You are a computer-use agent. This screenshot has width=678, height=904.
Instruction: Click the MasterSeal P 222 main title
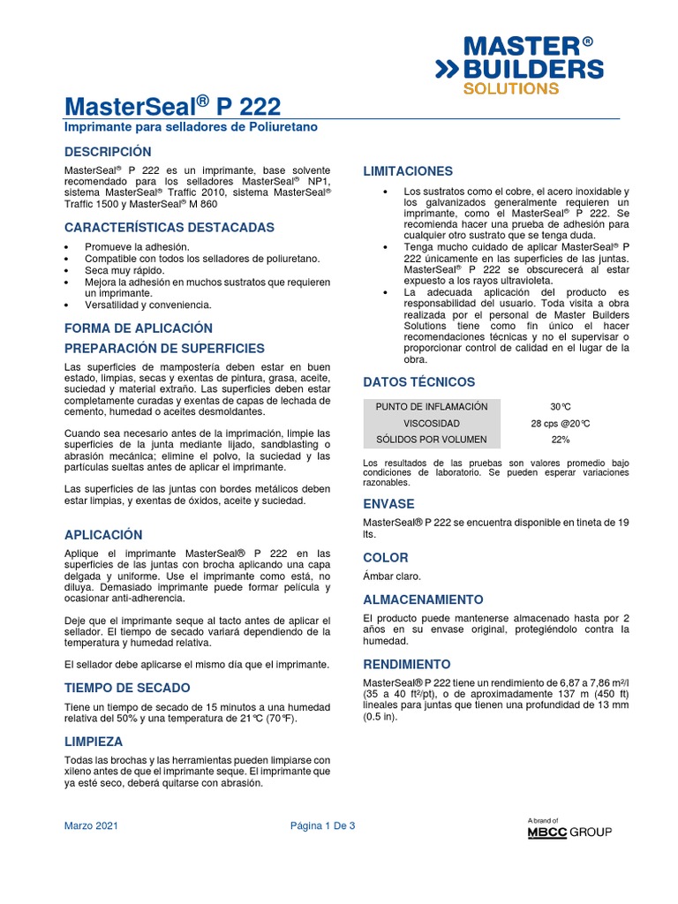[173, 107]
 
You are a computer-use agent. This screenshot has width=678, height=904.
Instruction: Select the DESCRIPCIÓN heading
[108, 152]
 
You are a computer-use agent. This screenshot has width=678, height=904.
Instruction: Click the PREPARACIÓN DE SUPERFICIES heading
[164, 348]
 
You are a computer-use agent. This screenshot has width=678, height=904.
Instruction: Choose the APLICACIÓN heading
[103, 535]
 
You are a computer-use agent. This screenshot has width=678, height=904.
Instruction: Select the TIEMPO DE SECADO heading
[127, 687]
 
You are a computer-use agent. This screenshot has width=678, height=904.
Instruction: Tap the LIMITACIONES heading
[408, 170]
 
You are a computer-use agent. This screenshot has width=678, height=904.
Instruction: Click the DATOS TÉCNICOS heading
[419, 382]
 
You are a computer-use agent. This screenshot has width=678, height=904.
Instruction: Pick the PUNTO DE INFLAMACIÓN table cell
[432, 407]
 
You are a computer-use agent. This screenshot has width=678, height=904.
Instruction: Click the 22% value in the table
[560, 440]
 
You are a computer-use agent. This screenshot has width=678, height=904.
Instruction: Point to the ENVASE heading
[388, 504]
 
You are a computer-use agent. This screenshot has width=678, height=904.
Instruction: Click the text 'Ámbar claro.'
[392, 576]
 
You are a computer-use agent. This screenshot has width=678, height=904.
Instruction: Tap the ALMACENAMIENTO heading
[423, 599]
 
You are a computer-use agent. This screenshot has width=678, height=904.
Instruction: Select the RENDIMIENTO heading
[407, 664]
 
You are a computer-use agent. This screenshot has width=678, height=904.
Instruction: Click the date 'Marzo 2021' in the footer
[92, 826]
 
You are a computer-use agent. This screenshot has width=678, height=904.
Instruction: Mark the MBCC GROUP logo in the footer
[569, 830]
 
